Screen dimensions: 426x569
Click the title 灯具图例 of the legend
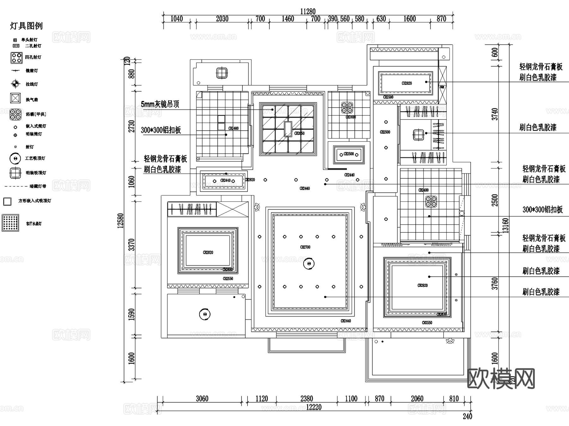[x=26, y=26]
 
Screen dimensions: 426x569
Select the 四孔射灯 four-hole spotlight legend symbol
[x=16, y=58]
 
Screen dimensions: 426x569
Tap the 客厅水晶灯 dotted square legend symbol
[x=10, y=223]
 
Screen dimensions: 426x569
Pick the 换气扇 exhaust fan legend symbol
[x=15, y=98]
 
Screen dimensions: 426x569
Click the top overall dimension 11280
[x=308, y=12]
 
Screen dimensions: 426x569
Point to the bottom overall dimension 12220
[x=314, y=407]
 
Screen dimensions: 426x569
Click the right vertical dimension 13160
[x=506, y=225]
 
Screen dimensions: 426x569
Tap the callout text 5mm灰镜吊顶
[x=160, y=104]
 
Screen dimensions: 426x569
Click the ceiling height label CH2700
[x=305, y=247]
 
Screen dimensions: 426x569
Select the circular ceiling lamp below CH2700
[x=309, y=263]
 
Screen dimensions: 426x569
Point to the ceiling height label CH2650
[x=299, y=133]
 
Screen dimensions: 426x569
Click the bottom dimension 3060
[x=202, y=398]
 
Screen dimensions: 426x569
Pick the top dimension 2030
[x=222, y=19]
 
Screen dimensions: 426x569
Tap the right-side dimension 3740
[x=495, y=114]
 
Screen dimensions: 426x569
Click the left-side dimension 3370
[x=132, y=244]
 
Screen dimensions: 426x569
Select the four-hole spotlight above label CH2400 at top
[x=347, y=108]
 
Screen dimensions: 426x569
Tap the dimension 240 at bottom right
[x=467, y=417]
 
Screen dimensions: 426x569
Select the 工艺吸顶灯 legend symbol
[x=15, y=158]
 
